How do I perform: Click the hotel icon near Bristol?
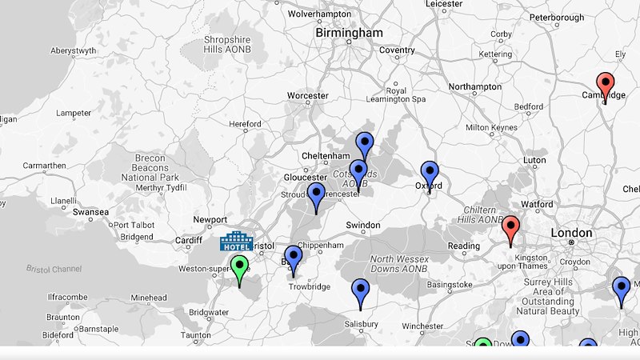coord(236,241)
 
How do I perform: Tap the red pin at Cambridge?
coord(606,84)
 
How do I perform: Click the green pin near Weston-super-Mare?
coord(239,267)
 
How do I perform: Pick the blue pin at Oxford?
coord(430,174)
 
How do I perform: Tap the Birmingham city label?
coord(349,33)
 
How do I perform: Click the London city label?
coord(571,234)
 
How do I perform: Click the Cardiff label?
coord(189,240)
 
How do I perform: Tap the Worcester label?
coord(308,96)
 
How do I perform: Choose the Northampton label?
coord(475,86)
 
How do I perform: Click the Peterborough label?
coord(557,17)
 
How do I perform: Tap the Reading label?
coord(464,246)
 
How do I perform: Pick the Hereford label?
coord(245,125)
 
